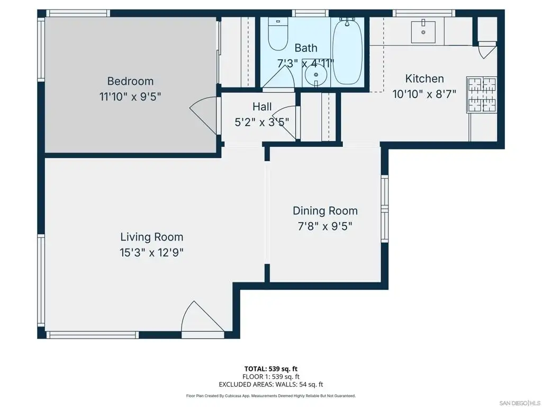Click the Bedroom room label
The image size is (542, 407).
pos(130,81)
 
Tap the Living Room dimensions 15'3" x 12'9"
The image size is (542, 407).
pos(151,253)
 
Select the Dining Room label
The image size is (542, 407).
pos(326,211)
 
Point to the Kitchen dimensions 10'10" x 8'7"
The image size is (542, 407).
pos(424,94)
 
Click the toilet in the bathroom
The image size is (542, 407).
pos(278,34)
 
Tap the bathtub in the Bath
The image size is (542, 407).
pos(347,51)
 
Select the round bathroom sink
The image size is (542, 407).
pos(316,75)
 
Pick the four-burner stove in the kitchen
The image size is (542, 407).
pos(482,94)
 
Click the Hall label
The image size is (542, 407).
pos(262,107)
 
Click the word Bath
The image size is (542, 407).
pos(306,48)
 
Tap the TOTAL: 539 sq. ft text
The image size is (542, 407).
pos(271,369)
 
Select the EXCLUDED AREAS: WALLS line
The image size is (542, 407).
pos(271,384)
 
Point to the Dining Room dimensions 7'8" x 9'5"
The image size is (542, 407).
pos(326,226)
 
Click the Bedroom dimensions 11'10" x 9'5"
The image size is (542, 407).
pos(130,96)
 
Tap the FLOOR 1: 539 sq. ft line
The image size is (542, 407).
pos(271,377)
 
